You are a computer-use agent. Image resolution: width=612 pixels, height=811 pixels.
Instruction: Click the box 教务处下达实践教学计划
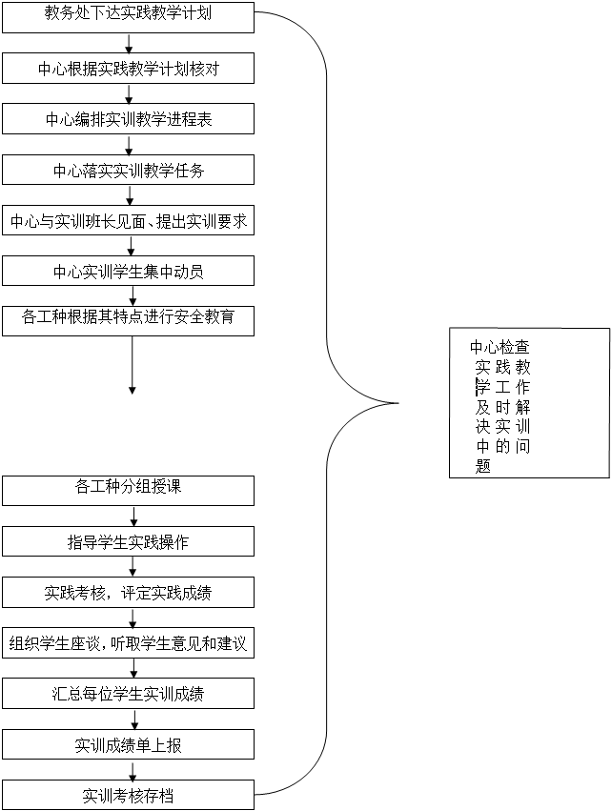tap(129, 17)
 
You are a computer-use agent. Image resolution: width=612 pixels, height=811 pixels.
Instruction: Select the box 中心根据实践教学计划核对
tap(129, 69)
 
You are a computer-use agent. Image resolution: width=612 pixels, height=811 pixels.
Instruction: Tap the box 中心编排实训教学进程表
tap(129, 118)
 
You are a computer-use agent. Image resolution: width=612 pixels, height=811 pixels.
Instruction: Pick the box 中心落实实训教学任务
tap(129, 169)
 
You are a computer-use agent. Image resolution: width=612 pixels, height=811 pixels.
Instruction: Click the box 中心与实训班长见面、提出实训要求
tap(129, 220)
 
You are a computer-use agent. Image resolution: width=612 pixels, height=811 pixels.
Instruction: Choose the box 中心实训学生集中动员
tap(129, 270)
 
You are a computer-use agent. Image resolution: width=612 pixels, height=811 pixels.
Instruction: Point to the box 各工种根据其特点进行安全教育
tap(129, 320)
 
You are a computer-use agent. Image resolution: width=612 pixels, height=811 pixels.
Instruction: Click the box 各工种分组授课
tap(129, 491)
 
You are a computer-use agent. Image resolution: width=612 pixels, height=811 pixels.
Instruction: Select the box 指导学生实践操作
tap(129, 541)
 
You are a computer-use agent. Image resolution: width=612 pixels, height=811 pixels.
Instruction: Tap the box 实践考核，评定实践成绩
tap(129, 592)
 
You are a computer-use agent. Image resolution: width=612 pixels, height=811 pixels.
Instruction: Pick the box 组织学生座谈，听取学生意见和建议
tap(129, 642)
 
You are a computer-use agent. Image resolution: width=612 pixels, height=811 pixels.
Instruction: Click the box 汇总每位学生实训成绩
tap(129, 693)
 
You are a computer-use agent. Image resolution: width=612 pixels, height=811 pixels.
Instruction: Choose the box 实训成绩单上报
tap(129, 743)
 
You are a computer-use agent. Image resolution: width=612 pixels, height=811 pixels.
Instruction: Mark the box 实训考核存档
tap(129, 795)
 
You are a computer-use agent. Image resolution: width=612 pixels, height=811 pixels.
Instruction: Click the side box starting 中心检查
tap(529, 402)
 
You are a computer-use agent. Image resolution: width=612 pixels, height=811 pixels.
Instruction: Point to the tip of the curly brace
tap(398, 403)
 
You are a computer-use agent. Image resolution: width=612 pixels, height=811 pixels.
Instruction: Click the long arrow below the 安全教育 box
tap(132, 365)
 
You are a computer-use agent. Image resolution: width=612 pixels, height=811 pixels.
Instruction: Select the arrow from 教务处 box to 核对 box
tap(129, 44)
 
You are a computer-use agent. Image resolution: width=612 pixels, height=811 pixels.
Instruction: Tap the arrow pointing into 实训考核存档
tap(133, 770)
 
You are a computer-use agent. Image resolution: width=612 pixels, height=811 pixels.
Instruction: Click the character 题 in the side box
tap(482, 466)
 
